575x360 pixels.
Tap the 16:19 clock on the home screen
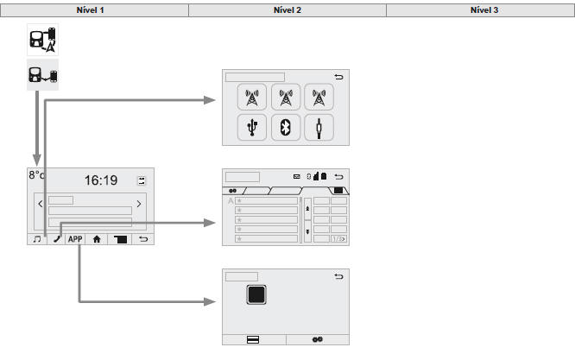[100, 181]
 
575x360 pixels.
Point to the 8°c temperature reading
[36, 175]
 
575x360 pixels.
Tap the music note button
[36, 241]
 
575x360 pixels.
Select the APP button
[78, 241]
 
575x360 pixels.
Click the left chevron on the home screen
[41, 205]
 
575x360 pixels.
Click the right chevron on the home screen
[138, 205]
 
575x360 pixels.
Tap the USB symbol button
[252, 128]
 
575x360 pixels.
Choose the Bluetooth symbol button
[286, 128]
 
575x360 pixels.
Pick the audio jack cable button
[319, 128]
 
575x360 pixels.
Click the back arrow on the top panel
[338, 77]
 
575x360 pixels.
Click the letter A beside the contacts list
[231, 201]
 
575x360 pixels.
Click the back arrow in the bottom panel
[338, 277]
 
